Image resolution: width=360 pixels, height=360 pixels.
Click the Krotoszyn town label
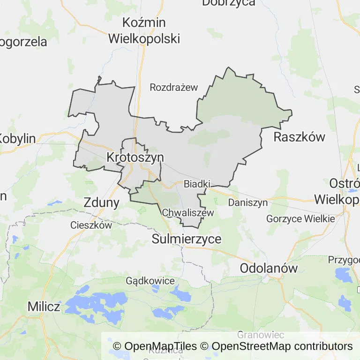click(x=135, y=157)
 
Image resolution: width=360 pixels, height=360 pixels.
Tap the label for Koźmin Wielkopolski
click(x=144, y=30)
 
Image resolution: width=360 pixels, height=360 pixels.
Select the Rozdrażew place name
click(x=174, y=87)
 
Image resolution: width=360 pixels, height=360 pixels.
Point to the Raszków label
click(x=299, y=137)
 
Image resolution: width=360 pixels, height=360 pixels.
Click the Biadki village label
click(x=197, y=183)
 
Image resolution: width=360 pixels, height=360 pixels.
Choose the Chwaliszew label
click(x=187, y=213)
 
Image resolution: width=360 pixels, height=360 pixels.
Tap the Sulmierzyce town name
click(x=187, y=239)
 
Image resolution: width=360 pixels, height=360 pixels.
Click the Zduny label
click(x=101, y=202)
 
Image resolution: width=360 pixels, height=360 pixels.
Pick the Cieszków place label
click(x=91, y=225)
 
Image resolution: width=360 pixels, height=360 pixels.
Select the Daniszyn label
click(x=247, y=203)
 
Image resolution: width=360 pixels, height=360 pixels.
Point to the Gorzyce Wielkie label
click(x=300, y=219)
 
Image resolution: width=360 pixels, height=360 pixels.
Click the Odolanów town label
click(x=269, y=268)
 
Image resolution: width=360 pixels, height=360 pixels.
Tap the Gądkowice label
click(x=150, y=281)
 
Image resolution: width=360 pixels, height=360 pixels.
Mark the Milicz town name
click(x=44, y=307)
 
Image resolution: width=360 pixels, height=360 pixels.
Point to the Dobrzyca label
click(x=228, y=3)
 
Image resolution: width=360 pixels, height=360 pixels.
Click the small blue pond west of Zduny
click(x=55, y=203)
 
